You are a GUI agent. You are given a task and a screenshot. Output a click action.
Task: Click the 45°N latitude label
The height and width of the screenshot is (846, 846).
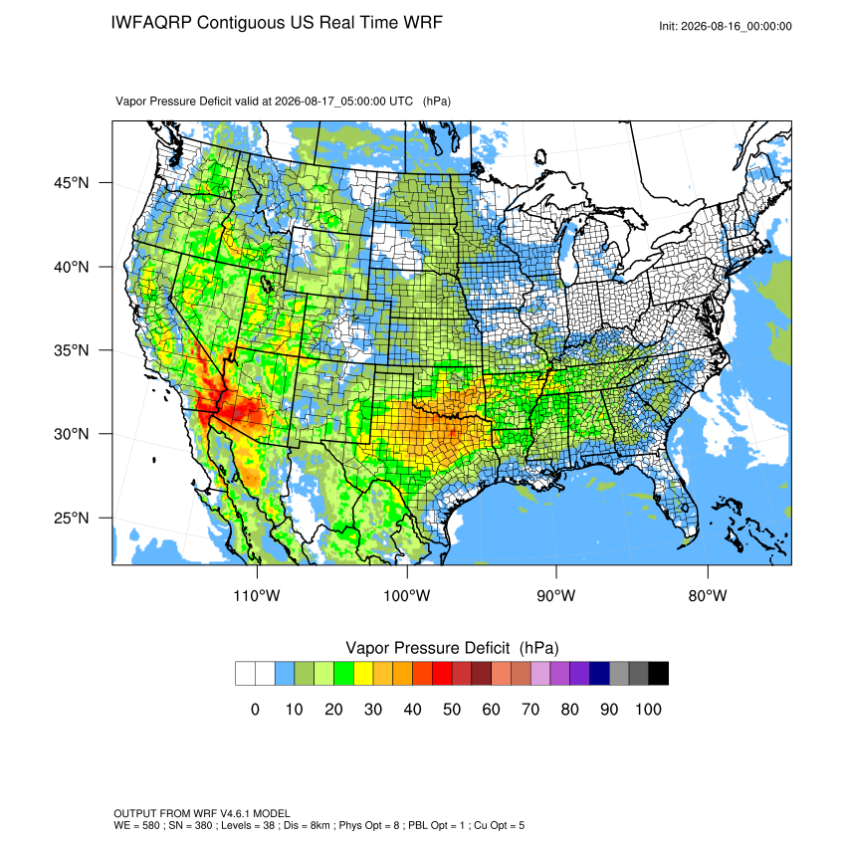[x=72, y=183]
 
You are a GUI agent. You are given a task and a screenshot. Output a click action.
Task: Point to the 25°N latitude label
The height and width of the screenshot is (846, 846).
[x=72, y=518]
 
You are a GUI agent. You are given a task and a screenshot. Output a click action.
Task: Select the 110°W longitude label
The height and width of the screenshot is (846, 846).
[x=257, y=595]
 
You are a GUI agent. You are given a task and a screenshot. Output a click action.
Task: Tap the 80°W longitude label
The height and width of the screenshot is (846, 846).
[x=708, y=595]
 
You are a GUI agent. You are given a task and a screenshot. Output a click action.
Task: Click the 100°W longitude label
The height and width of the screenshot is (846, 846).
[x=407, y=595]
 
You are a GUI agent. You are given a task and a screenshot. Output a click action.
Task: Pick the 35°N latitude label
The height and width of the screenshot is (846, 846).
[x=72, y=350]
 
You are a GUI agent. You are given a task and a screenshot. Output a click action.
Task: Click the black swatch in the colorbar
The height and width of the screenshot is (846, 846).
[x=658, y=674]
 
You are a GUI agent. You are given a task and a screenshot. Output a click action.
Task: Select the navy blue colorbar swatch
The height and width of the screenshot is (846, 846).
[x=599, y=674]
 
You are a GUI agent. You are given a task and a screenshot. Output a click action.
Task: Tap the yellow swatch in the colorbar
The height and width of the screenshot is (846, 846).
[x=363, y=674]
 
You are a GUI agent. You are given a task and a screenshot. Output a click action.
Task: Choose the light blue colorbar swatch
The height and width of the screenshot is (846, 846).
[x=285, y=674]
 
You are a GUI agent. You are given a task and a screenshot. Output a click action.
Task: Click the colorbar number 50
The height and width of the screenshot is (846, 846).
[x=452, y=709]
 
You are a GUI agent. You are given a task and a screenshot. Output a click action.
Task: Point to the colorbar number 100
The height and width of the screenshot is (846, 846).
[x=649, y=709]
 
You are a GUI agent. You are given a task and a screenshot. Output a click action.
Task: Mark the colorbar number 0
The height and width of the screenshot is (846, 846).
[x=255, y=709]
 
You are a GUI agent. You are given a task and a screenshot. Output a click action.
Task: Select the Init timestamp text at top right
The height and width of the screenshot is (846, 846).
[x=726, y=26]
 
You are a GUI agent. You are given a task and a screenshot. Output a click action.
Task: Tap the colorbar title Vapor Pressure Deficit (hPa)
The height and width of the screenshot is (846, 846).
[x=452, y=648]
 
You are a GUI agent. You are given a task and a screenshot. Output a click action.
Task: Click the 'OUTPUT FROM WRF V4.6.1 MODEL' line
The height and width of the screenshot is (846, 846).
[x=202, y=813]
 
